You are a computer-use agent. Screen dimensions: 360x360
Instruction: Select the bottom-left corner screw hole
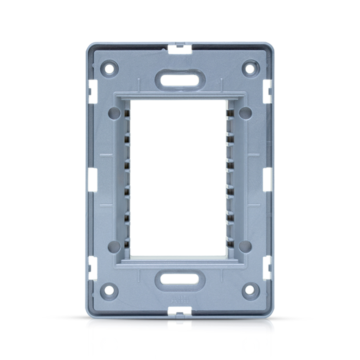click(x=110, y=290)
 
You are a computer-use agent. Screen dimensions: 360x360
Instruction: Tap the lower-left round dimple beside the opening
click(x=114, y=246)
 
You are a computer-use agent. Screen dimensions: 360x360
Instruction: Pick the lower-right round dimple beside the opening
click(x=245, y=246)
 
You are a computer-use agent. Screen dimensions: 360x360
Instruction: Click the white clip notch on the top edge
click(x=180, y=49)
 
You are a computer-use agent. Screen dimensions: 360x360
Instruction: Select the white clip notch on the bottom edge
click(x=180, y=312)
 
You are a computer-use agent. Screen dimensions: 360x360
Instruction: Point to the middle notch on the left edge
click(x=92, y=179)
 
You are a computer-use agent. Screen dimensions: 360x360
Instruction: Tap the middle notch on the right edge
click(x=268, y=179)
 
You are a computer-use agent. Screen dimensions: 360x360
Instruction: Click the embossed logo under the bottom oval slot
click(x=180, y=299)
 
